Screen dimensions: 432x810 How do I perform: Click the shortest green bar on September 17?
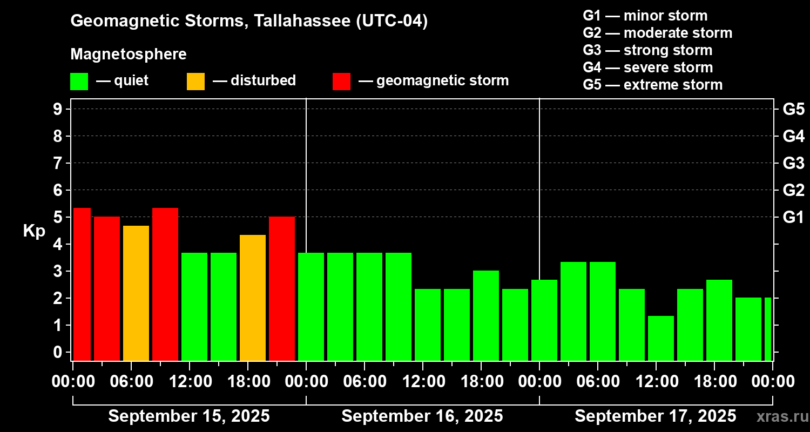661,338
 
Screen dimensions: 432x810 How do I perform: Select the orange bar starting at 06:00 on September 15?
136,293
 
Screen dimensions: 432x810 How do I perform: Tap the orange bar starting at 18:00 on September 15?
253,298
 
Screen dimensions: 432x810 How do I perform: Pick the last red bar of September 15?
282,288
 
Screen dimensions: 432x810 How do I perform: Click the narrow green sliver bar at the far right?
768,329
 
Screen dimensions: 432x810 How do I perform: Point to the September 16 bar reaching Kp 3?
486,315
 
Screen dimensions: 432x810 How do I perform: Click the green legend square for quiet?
79,82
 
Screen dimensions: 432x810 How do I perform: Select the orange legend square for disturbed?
195,82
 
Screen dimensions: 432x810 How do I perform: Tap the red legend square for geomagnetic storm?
341,82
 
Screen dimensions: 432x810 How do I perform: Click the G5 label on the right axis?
793,109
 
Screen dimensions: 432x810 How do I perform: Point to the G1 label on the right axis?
793,217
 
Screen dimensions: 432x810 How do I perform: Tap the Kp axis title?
34,231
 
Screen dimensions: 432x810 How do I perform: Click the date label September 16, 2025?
422,416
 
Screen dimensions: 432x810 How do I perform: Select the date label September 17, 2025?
655,416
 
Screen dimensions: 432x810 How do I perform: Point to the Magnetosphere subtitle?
129,54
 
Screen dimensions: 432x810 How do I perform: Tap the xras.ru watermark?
781,416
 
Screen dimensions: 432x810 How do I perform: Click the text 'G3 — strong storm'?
647,50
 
